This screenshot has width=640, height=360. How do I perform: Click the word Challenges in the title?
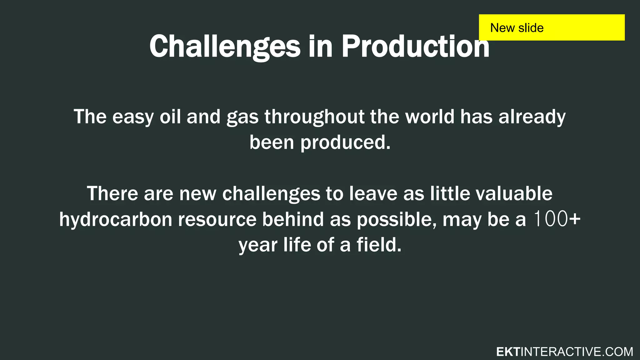(x=225, y=47)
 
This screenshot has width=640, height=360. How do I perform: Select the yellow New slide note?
(x=552, y=27)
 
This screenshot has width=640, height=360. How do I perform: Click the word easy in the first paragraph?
(x=133, y=117)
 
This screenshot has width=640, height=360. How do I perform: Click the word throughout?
(x=314, y=117)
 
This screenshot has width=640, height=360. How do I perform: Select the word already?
(x=532, y=117)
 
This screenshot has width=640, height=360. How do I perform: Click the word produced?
(x=345, y=143)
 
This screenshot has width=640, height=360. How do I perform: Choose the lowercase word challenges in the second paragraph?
(x=271, y=194)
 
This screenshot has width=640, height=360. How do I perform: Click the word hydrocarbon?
(x=116, y=219)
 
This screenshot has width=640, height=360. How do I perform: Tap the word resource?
(x=217, y=220)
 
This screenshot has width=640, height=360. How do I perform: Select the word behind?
(x=293, y=219)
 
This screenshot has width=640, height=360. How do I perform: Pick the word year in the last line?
(x=258, y=246)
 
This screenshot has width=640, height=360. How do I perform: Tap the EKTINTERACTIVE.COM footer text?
(x=564, y=352)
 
